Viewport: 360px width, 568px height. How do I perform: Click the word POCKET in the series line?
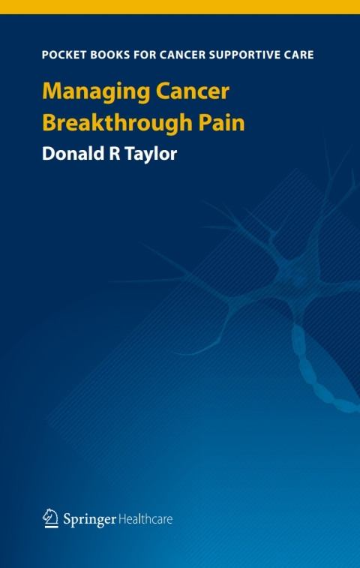63,55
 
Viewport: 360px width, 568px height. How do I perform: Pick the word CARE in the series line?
298,55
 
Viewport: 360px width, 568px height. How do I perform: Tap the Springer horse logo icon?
50,516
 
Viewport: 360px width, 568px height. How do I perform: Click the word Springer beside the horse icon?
88,518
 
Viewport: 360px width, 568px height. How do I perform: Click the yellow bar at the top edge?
180,7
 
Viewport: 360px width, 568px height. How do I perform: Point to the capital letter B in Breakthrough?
49,122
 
